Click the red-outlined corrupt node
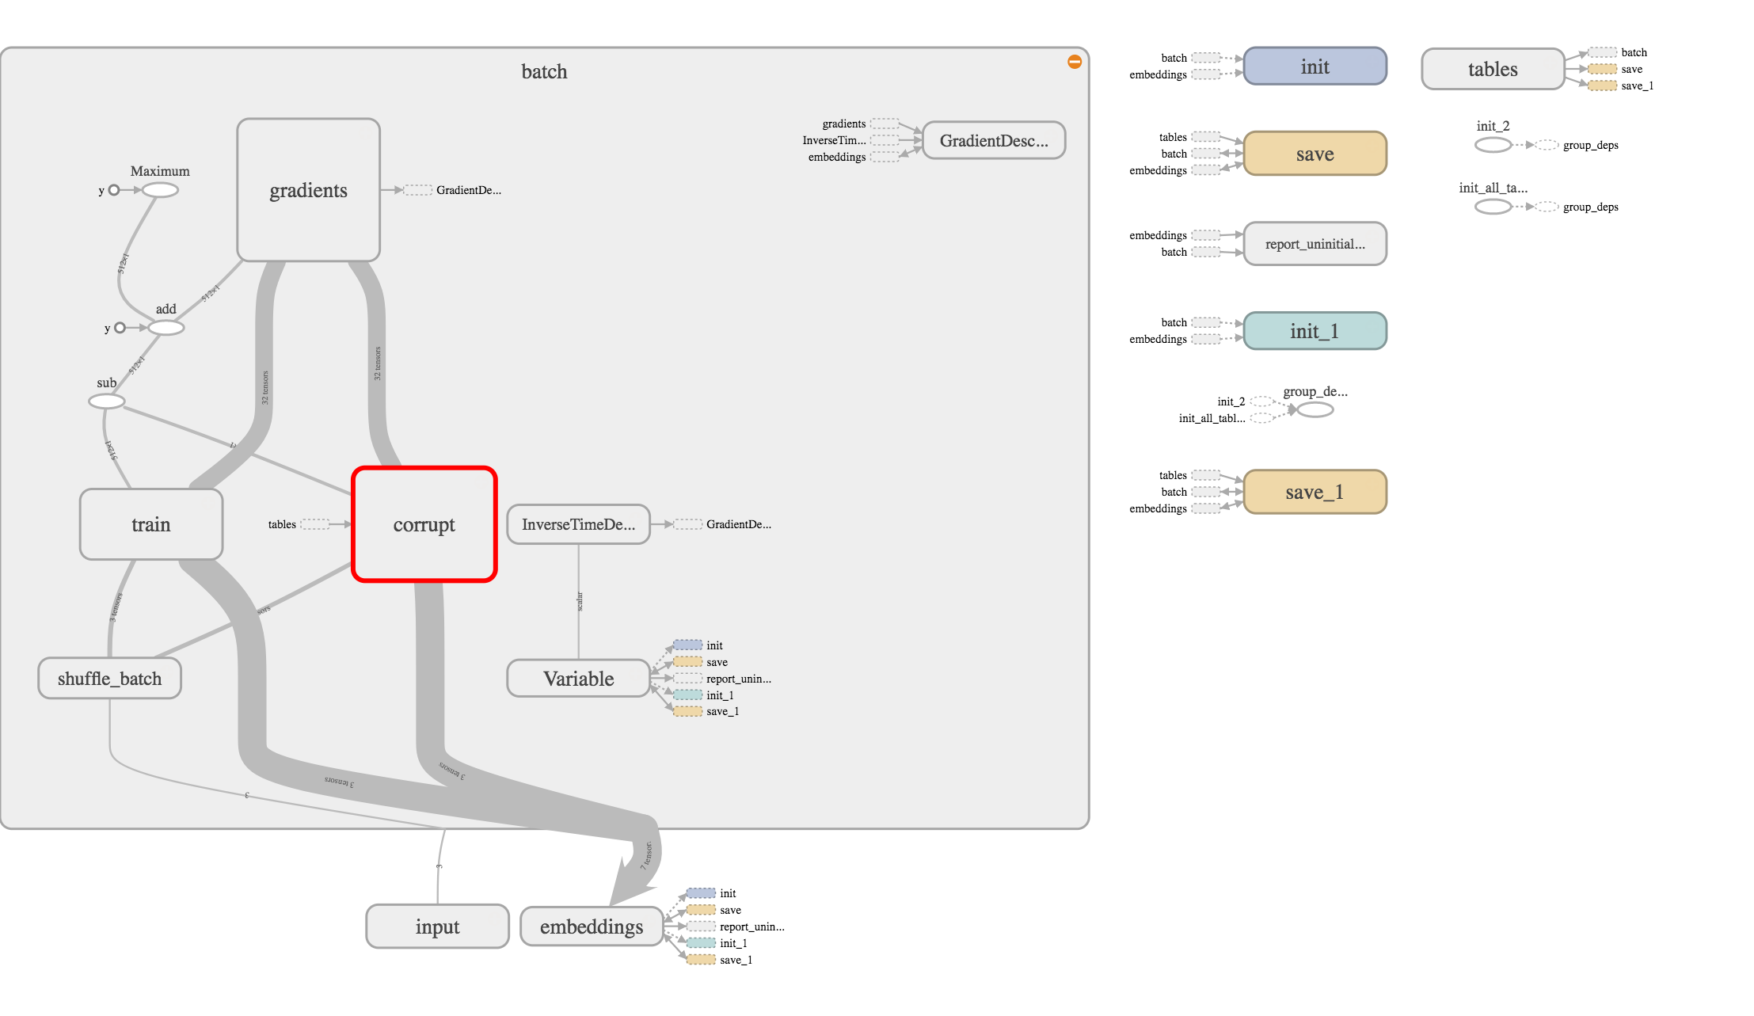424,524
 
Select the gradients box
308,190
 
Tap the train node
150,524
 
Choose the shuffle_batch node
109,679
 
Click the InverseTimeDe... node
578,524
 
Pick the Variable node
578,679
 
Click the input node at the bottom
437,927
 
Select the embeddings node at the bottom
592,927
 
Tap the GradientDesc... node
994,141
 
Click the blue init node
1315,67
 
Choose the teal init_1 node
1315,331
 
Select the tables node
1493,70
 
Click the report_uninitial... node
1315,244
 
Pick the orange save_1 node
1315,492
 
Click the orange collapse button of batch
1075,62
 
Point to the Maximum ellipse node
160,190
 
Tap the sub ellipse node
107,401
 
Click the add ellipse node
166,328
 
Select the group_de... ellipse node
1315,409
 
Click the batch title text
544,72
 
